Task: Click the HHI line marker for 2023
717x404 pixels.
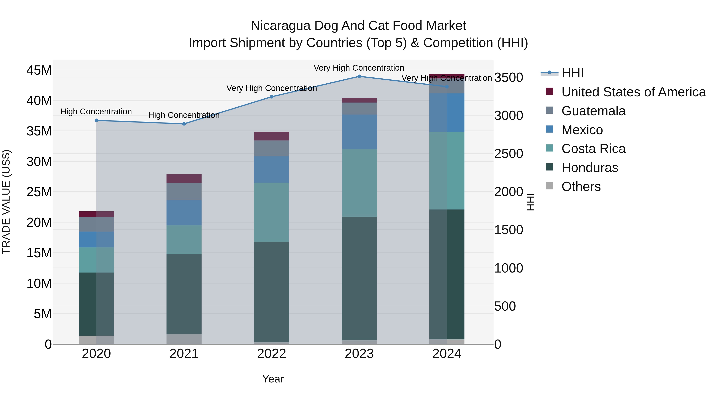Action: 359,76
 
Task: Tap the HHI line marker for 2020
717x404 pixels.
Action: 96,121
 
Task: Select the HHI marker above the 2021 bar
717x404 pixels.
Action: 184,124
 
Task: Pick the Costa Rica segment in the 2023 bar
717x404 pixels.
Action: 359,183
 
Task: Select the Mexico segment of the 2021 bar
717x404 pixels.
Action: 184,212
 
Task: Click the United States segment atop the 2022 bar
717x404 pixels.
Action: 271,136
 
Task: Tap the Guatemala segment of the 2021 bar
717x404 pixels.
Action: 184,191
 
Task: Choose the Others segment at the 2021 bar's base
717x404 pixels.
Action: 184,339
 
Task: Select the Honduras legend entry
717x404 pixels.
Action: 590,168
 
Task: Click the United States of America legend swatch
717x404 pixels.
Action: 550,91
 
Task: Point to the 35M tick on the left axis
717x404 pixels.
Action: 39,131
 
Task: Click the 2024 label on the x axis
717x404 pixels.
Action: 447,354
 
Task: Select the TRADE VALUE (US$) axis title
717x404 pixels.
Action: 6,202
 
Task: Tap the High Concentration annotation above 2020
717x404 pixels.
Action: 96,112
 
